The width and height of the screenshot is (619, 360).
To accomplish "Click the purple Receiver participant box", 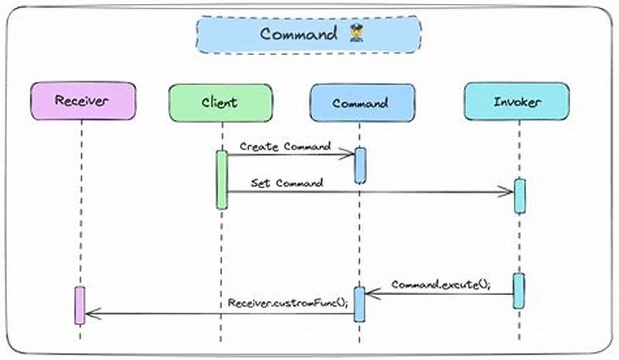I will tap(83, 101).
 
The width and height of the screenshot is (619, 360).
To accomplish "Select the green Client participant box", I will tap(220, 101).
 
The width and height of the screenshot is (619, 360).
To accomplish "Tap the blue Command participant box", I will tap(360, 102).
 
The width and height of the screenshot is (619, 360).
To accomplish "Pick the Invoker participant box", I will tap(517, 101).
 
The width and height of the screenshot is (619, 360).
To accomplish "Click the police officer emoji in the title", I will tap(356, 34).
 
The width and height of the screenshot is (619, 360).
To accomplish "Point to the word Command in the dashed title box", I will tap(298, 34).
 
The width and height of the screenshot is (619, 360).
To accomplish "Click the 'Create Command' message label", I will tap(285, 146).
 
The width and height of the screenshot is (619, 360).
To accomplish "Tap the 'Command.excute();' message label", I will tap(440, 284).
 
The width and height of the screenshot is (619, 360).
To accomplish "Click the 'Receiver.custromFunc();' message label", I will tap(288, 302).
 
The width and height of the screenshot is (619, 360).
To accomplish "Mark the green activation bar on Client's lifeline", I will tap(221, 180).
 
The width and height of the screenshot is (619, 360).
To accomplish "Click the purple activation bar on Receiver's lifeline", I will tap(80, 305).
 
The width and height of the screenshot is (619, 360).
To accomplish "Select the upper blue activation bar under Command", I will tap(360, 165).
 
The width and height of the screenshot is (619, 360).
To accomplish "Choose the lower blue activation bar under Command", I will tap(359, 303).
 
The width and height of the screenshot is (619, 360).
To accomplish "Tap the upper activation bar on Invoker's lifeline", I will tap(519, 196).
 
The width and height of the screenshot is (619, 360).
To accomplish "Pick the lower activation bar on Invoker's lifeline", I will tap(518, 290).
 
